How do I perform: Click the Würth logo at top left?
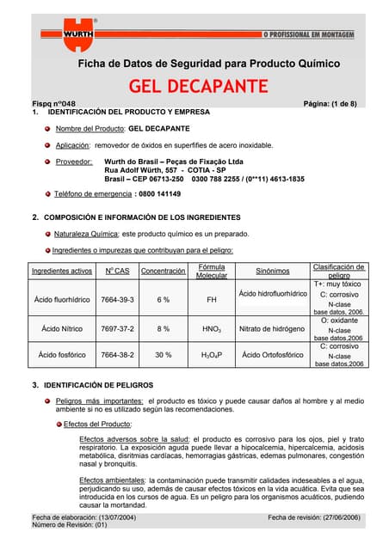coord(65,33)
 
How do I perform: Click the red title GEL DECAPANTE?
coord(198,86)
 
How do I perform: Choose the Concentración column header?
coord(164,272)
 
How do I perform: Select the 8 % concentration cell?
coord(163,329)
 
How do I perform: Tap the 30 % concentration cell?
coord(163,355)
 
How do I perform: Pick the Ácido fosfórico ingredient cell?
coord(59,355)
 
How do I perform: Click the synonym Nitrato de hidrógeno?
coord(272,329)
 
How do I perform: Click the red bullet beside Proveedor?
coord(49,162)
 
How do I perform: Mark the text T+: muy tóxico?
coord(337,284)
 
